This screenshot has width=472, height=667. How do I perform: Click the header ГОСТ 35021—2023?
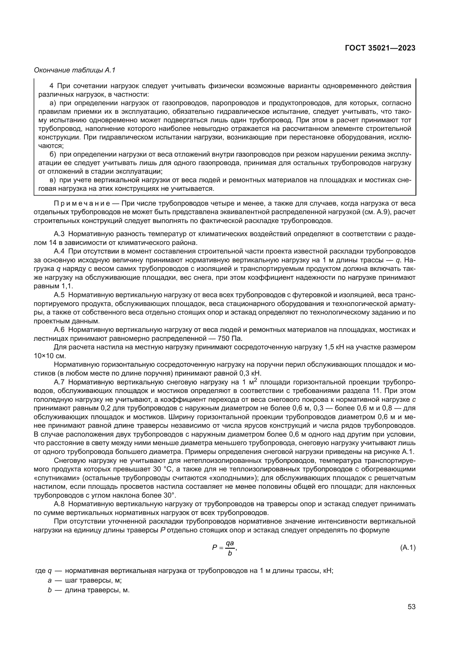coord(380,48)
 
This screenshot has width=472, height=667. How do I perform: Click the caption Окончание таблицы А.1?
coord(75,70)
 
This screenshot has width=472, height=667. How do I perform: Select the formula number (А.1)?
coord(408,548)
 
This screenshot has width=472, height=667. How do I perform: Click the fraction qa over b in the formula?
coord(230,548)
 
